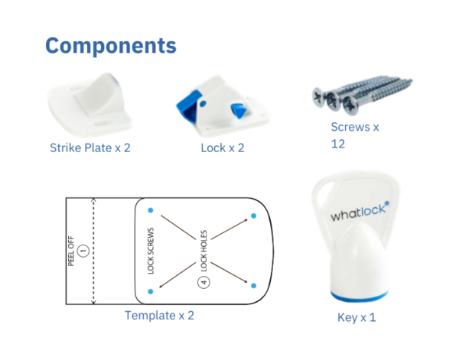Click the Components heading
[111, 46]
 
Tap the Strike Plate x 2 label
[90, 148]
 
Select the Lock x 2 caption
[223, 148]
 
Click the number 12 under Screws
[338, 144]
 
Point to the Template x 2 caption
[159, 316]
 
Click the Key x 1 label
[356, 318]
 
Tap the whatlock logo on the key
[360, 211]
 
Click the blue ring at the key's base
[360, 297]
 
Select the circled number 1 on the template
[83, 251]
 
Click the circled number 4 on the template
[203, 282]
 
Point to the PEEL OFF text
[71, 251]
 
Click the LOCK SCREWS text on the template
[151, 251]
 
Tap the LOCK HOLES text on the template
[203, 251]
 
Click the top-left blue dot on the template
[151, 210]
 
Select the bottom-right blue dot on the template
[254, 286]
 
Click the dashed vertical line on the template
[93, 251]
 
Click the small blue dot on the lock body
[203, 103]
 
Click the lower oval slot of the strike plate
[103, 122]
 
